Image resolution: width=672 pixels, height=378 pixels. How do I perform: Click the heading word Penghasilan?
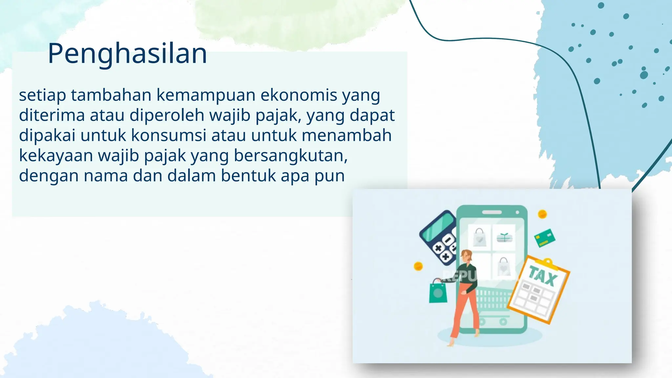tap(127, 53)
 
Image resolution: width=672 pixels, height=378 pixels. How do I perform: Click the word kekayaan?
tap(56, 156)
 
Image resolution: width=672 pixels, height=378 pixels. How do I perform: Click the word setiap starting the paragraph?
tap(42, 95)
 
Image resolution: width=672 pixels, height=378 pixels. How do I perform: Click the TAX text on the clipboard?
tap(543, 276)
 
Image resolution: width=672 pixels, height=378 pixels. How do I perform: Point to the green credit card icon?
tap(545, 238)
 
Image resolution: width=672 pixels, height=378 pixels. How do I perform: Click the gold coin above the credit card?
tap(542, 214)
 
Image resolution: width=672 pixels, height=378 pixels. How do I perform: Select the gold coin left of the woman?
tap(418, 266)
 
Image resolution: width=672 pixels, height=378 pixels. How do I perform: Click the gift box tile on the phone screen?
tap(504, 237)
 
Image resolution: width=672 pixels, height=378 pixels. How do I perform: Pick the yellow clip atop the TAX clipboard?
tap(546, 262)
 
